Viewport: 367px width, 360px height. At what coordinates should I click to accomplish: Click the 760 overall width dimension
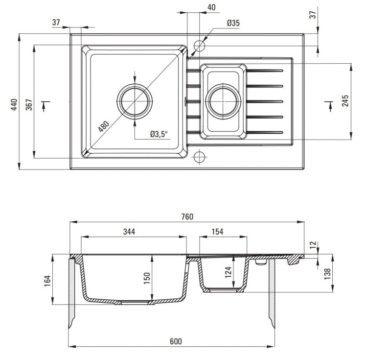[x=187, y=216]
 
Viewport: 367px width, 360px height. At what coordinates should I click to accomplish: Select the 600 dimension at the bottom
[x=176, y=341]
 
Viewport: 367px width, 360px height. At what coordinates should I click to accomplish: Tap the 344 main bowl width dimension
[x=129, y=232]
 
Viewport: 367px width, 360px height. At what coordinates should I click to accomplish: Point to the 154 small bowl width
[x=217, y=232]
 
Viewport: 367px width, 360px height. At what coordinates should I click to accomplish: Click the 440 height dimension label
[x=14, y=104]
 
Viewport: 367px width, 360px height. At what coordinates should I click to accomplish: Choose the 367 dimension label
[x=29, y=104]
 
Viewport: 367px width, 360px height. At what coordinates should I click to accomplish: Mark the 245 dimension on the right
[x=345, y=101]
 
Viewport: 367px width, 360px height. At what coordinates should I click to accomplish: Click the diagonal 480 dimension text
[x=103, y=126]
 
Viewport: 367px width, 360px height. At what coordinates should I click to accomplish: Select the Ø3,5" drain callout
[x=159, y=134]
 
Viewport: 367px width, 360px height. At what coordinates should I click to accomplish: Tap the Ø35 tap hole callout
[x=233, y=23]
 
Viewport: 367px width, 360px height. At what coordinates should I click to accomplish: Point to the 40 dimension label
[x=211, y=7]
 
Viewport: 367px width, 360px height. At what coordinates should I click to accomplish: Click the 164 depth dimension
[x=47, y=281]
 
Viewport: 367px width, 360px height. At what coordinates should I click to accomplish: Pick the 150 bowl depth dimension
[x=147, y=278]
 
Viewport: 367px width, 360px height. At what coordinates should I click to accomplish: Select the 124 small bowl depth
[x=228, y=272]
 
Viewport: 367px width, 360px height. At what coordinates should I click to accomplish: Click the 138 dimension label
[x=327, y=274]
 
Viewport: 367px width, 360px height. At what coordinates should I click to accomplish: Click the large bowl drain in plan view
[x=135, y=101]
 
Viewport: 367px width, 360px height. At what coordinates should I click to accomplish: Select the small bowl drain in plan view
[x=223, y=101]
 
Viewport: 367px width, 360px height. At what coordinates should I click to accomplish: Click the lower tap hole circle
[x=200, y=157]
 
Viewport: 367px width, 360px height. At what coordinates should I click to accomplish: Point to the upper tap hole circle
[x=200, y=46]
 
